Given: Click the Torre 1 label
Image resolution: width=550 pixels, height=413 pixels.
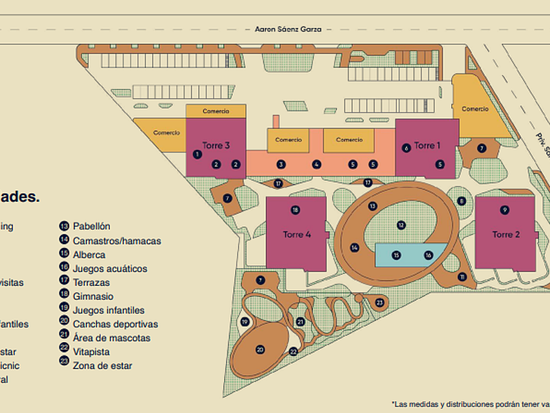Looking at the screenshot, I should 427,146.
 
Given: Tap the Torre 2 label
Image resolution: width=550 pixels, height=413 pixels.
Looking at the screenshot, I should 506,234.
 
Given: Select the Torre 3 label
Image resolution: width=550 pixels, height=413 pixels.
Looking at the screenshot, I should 215,146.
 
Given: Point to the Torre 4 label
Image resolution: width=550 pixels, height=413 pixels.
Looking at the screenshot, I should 297,234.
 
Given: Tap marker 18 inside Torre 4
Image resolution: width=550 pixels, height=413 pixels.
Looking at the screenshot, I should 295,210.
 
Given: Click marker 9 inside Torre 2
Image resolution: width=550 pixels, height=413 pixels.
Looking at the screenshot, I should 504,210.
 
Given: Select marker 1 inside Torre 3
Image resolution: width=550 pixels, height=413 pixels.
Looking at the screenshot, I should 197,154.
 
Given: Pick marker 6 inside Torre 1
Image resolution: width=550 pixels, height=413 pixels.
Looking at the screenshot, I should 406,148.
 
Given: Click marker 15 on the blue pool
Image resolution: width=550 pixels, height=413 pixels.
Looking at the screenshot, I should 395,255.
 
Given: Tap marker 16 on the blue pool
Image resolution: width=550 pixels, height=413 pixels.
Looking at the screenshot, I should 429,255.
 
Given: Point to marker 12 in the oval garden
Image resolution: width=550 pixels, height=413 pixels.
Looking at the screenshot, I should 401,225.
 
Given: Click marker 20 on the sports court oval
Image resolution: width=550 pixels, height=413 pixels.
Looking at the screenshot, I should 260,349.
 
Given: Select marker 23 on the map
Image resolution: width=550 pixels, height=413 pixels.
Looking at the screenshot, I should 380,302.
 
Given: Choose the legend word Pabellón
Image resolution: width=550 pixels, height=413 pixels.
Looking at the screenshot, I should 92,227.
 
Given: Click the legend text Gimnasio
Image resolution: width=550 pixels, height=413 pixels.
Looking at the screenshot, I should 93,296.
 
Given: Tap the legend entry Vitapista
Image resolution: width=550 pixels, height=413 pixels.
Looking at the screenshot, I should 91,352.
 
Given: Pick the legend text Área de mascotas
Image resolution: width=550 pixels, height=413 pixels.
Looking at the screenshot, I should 111,338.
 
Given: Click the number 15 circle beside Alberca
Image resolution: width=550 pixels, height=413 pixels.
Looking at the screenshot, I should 64,254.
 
